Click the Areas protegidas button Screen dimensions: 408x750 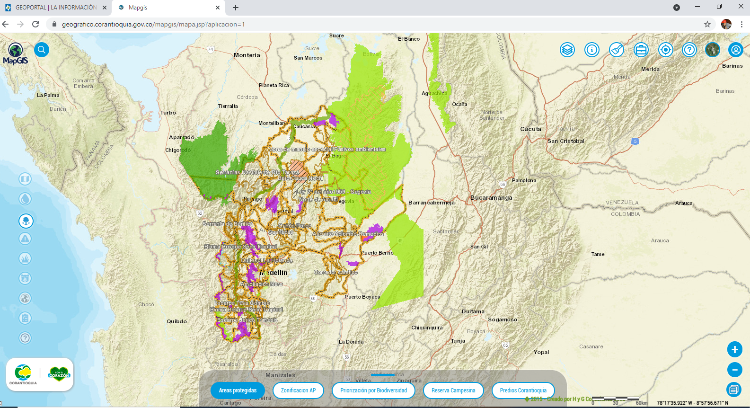tap(238, 390)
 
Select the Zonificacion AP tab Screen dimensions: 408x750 tap(298, 390)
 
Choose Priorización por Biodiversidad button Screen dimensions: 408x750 tap(373, 390)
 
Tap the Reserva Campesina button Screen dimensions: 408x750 tap(453, 390)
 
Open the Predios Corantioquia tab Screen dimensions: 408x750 tap(523, 390)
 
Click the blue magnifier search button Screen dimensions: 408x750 tap(42, 50)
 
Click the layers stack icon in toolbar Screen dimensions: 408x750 tap(567, 50)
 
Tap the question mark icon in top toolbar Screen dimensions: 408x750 tap(689, 50)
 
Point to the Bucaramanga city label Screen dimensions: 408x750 tap(491, 198)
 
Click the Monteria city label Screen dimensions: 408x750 tap(247, 55)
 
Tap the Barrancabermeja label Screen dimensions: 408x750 tap(431, 203)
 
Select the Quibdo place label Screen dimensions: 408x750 tap(176, 321)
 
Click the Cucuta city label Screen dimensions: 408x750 tap(530, 129)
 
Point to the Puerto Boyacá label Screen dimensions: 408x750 tap(362, 297)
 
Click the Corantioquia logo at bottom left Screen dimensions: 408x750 tap(23, 374)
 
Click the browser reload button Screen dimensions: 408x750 tap(35, 24)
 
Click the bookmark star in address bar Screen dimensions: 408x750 tap(707, 24)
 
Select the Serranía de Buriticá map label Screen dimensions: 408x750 tap(228, 224)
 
